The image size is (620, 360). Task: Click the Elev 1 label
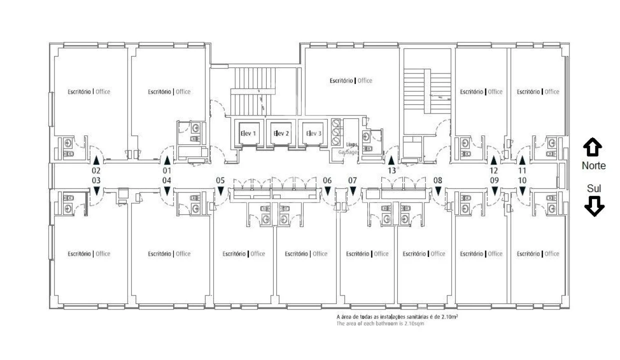pos(248,133)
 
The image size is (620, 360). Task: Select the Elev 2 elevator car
pos(281,133)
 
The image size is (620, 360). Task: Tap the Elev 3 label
pos(314,133)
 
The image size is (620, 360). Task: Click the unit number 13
pos(392,170)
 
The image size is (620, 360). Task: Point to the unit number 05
pos(220,180)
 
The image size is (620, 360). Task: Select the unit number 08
pos(438,180)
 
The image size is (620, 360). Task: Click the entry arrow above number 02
pos(96,160)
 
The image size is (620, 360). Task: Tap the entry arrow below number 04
pos(167,191)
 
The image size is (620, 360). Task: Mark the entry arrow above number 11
pos(522,160)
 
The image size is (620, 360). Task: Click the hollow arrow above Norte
pos(592,147)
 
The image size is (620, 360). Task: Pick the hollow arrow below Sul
pos(594,206)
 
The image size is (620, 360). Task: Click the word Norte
pos(593,165)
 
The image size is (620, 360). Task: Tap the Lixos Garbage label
pos(348,148)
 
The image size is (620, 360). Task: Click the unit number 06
pos(327,180)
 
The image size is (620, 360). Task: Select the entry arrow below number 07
pos(353,191)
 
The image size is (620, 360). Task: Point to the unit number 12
pos(493,170)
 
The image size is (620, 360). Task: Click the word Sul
pos(594,188)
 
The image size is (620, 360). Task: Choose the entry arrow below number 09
pos(494,191)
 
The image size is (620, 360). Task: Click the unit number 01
pos(167,170)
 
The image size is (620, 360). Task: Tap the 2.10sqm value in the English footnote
pos(414,323)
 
